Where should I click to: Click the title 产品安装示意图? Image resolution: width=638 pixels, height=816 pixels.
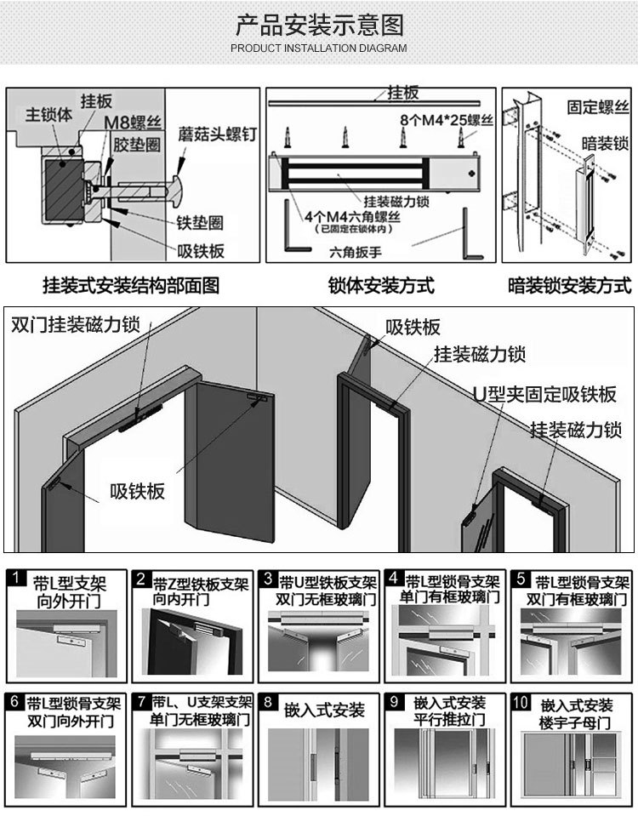coord(319,24)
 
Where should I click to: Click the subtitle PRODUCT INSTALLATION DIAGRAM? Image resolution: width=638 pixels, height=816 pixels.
coord(319,49)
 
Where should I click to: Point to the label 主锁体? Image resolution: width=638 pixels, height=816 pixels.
coord(48,113)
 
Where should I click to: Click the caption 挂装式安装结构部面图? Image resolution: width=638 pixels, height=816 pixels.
coord(131,285)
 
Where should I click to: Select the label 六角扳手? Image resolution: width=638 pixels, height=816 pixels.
coord(356,252)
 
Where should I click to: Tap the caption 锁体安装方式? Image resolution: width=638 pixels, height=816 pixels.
coord(381,285)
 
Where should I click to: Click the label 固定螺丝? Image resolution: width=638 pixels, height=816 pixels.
coord(598,108)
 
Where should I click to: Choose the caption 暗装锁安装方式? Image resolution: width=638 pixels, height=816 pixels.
coord(569,285)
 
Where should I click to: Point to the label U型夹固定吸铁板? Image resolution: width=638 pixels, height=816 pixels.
coord(544,394)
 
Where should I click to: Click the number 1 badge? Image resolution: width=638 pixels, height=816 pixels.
coord(16,579)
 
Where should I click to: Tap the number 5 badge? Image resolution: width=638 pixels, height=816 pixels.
coord(521,579)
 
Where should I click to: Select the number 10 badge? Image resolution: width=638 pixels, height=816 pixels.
coord(521,703)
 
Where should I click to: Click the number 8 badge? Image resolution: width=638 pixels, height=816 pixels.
coord(268,703)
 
